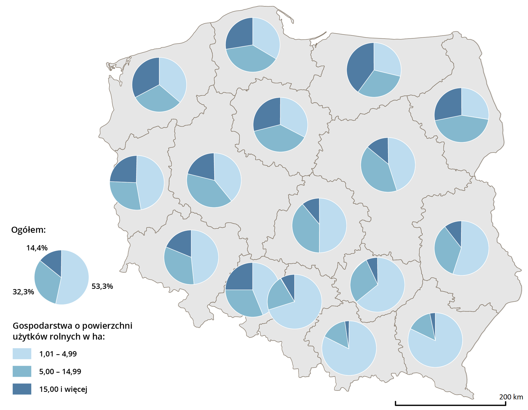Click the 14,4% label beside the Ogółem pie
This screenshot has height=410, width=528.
pyautogui.click(x=37, y=248)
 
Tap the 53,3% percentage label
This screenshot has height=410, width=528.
pyautogui.click(x=102, y=286)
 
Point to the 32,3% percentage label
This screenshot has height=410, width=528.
pyautogui.click(x=23, y=292)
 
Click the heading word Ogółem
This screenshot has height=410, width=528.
pyautogui.click(x=28, y=230)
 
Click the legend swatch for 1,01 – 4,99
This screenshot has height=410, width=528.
pyautogui.click(x=22, y=354)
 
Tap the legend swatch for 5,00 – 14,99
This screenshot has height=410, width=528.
pyautogui.click(x=22, y=371)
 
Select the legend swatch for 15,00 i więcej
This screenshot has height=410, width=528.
pyautogui.click(x=22, y=389)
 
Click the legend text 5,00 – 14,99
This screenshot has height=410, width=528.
pyautogui.click(x=60, y=372)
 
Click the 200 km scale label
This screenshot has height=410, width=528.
pyautogui.click(x=511, y=397)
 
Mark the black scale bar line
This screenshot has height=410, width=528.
pyautogui.click(x=450, y=405)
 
